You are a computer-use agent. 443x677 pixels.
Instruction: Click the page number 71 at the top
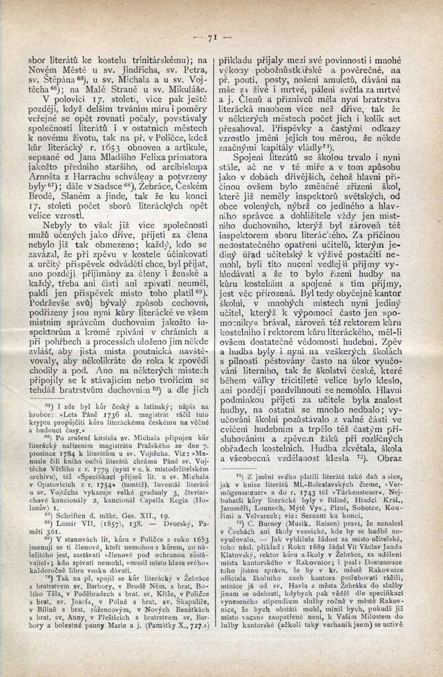211,38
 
